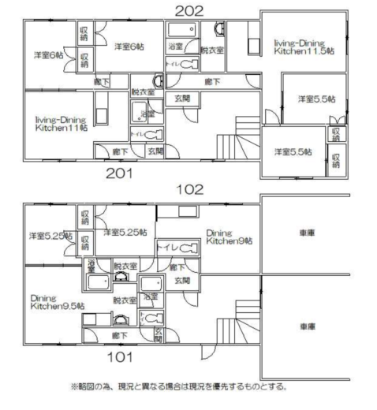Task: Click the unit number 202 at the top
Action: (189, 10)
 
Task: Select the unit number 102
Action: (190, 189)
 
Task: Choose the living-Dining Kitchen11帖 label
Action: (61, 122)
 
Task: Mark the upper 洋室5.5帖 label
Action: (316, 99)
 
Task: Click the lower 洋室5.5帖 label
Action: (293, 151)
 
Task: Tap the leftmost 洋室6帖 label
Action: (49, 56)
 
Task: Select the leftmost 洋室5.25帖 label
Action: (50, 236)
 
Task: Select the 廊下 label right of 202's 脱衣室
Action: (212, 81)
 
